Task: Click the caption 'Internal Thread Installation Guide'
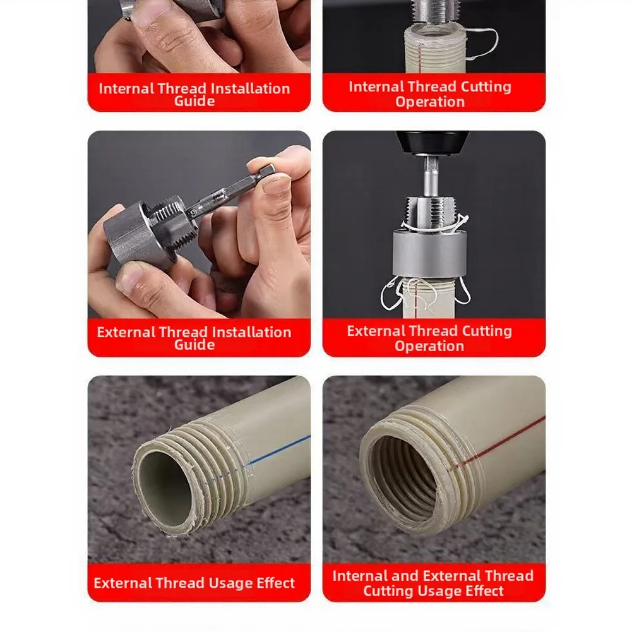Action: pyautogui.click(x=194, y=94)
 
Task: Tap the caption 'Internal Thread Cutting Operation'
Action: pyautogui.click(x=430, y=94)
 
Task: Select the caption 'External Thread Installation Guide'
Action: pyautogui.click(x=194, y=338)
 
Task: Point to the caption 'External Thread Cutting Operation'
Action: pyautogui.click(x=430, y=338)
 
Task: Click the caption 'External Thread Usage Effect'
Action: pyautogui.click(x=194, y=583)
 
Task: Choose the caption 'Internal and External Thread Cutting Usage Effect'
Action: pyautogui.click(x=433, y=583)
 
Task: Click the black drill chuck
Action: pyautogui.click(x=429, y=143)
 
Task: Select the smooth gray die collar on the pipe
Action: pyautogui.click(x=430, y=253)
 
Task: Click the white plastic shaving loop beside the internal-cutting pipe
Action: pyautogui.click(x=482, y=44)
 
